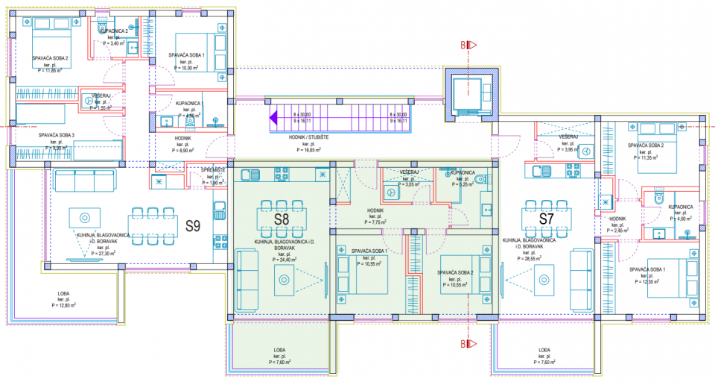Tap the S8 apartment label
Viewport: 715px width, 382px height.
click(281, 221)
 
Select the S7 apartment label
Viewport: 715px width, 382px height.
click(545, 219)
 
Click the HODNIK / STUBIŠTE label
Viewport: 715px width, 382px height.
click(304, 138)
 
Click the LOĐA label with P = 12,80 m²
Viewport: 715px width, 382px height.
click(64, 292)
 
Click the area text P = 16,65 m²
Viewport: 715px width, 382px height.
click(304, 150)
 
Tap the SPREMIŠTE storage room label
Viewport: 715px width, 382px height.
click(203, 170)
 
